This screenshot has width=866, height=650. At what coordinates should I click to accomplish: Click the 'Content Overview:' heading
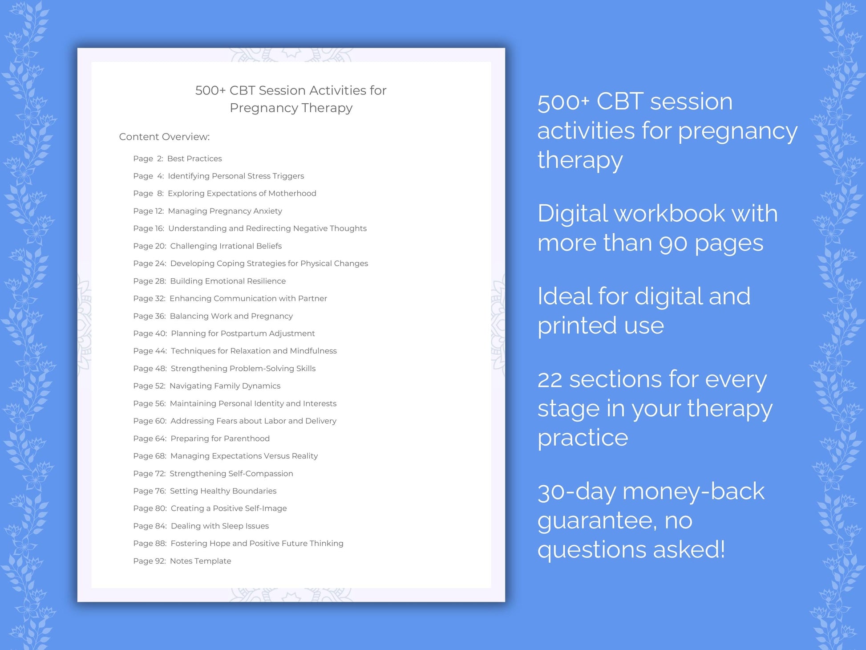[x=164, y=137]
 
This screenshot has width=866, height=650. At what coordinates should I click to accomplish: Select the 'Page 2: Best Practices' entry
[x=177, y=158]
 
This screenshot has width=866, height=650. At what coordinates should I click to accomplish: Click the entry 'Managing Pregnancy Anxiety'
[x=225, y=211]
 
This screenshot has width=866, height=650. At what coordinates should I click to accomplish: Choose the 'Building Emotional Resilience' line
[x=228, y=281]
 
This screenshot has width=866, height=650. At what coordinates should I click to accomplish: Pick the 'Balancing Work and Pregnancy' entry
[x=231, y=316]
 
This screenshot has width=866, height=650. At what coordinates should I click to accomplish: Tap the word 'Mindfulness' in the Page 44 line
[x=313, y=351]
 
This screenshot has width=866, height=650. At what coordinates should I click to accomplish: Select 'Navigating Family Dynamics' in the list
[x=225, y=386]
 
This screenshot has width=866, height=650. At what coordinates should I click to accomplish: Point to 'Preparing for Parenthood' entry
[x=220, y=439]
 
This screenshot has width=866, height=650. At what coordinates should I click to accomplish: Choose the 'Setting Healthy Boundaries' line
[x=223, y=491]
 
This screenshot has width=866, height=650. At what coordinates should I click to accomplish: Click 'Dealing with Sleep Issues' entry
[x=219, y=526]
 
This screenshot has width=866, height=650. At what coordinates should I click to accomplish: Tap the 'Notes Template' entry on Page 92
[x=200, y=561]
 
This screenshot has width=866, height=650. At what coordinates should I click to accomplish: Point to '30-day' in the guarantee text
[x=576, y=492]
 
